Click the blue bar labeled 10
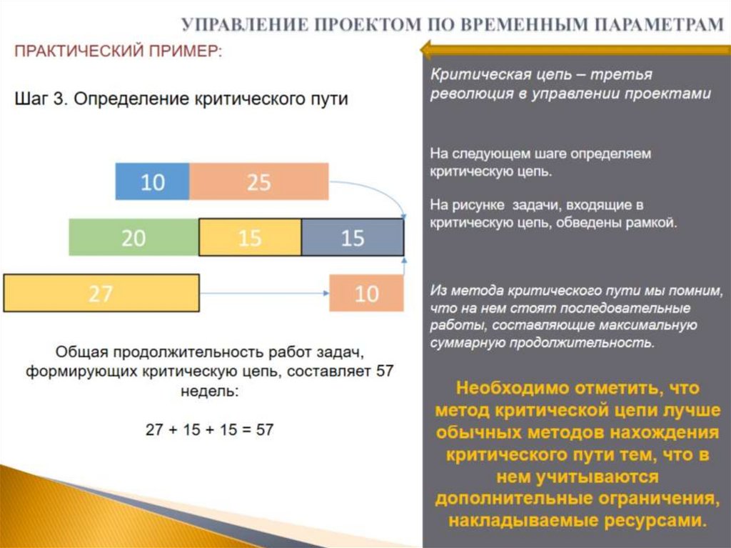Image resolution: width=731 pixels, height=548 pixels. click(152, 182)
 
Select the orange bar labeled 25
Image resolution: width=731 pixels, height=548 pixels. click(258, 182)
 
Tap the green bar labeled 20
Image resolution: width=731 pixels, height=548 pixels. click(133, 237)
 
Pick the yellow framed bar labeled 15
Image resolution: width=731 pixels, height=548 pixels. click(250, 237)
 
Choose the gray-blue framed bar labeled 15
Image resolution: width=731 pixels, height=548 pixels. click(353, 237)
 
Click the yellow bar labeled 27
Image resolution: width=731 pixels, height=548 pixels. click(101, 293)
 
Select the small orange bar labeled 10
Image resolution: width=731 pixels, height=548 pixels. click(366, 293)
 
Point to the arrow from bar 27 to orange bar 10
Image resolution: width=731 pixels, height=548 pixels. click(264, 293)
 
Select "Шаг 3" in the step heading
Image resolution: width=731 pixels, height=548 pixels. click(41, 99)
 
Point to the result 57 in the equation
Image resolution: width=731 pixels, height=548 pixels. click(264, 430)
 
